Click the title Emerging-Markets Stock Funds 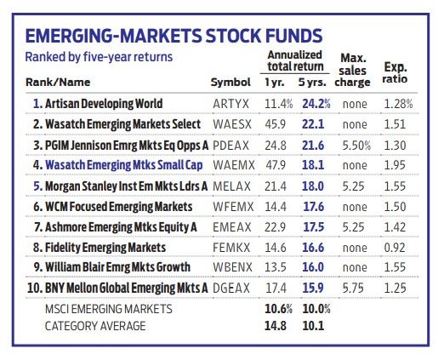pyautogui.click(x=174, y=36)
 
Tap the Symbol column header pyautogui.click(x=231, y=83)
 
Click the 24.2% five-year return pyautogui.click(x=316, y=104)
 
